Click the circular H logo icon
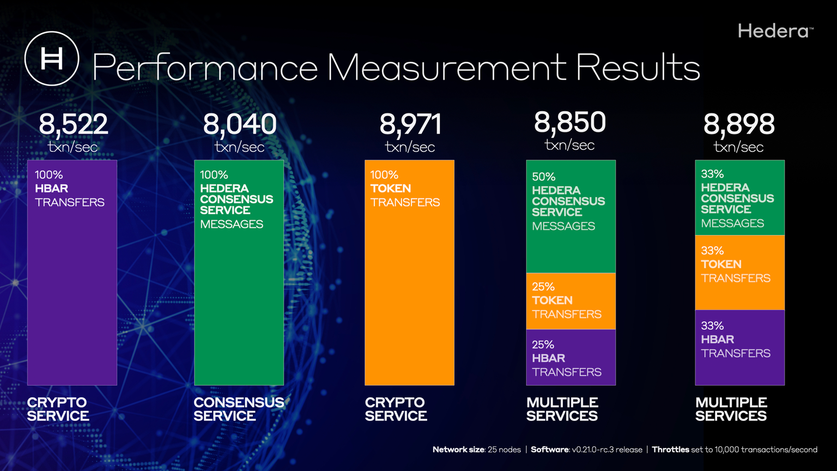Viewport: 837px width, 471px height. point(52,58)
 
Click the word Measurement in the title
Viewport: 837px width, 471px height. point(446,68)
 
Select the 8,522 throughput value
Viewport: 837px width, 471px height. point(74,124)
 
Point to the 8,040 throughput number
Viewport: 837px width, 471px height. point(240,124)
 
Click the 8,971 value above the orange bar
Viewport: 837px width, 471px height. point(410,124)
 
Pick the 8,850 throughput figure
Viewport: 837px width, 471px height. point(570,122)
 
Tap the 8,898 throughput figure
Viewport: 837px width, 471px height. point(739,124)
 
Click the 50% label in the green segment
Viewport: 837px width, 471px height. point(543,177)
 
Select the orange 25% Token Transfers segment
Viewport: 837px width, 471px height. point(571,301)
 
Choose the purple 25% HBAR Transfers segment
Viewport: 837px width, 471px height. point(571,358)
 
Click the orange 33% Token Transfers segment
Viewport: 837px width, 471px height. point(739,273)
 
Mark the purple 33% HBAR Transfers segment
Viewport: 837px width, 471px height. point(739,347)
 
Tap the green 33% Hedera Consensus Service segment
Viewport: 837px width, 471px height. point(739,198)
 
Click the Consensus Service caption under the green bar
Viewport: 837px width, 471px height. point(239,409)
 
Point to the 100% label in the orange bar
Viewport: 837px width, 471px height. point(384,175)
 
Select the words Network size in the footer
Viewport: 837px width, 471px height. point(458,450)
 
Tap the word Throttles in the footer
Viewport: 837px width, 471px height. point(670,450)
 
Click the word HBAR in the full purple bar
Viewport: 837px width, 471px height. point(51,189)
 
